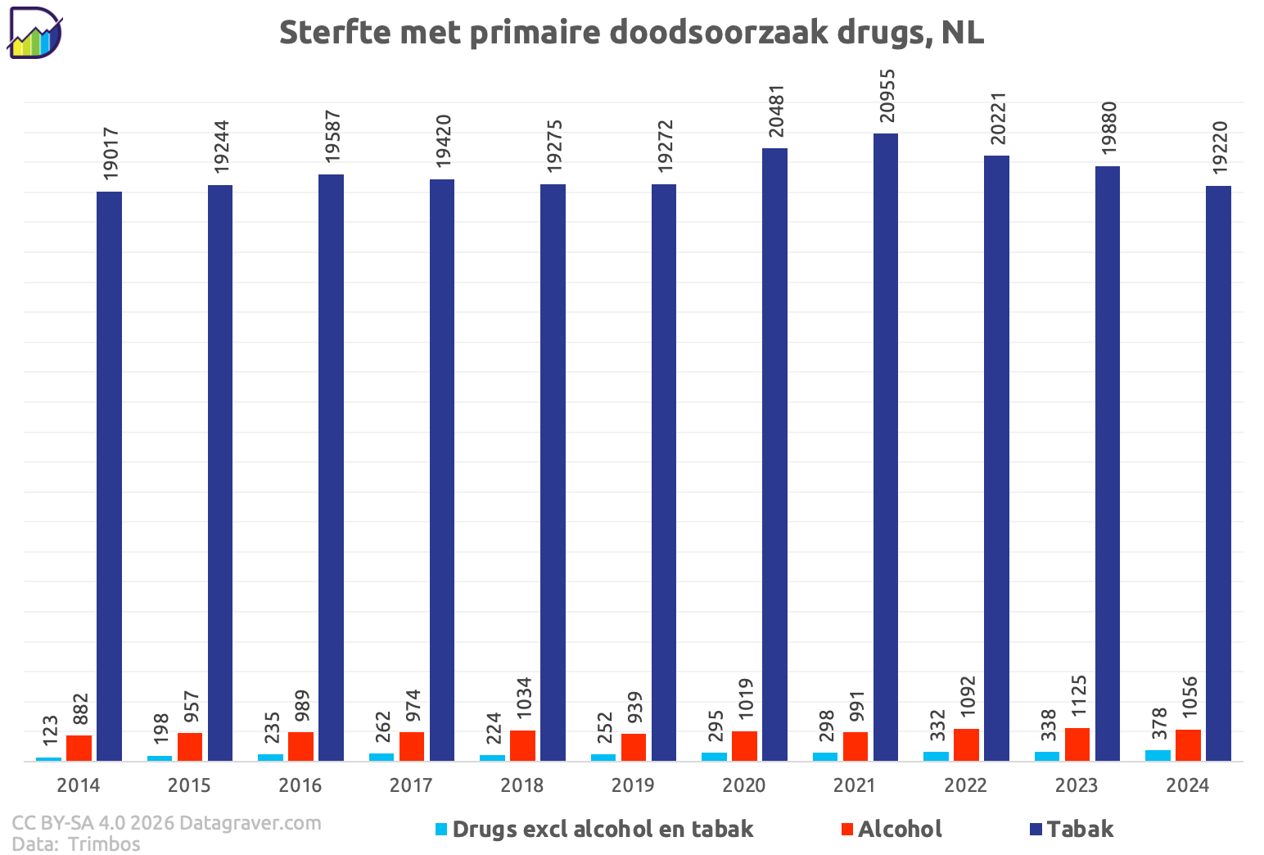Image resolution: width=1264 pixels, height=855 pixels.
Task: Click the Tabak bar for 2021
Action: (x=886, y=446)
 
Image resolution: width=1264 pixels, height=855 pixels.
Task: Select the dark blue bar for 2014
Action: (x=110, y=475)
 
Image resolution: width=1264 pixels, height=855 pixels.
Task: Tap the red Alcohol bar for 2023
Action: (x=1077, y=744)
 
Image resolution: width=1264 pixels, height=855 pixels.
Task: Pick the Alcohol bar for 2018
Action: (x=522, y=745)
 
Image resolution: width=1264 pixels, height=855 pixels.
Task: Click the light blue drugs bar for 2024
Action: (x=1158, y=755)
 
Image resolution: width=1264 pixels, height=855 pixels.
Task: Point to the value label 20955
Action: (x=888, y=96)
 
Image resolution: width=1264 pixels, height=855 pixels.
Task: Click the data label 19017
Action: (x=111, y=154)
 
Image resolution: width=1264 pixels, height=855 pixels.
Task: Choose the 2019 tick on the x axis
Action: (x=633, y=785)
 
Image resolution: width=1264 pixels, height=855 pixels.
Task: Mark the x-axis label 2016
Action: (x=300, y=785)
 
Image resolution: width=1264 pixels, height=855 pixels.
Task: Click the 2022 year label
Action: (x=965, y=785)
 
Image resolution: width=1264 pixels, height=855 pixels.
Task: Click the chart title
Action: (x=631, y=33)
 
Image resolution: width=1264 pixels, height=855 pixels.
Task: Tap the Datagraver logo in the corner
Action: (x=35, y=34)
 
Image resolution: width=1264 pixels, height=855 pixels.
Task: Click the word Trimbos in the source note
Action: (x=104, y=844)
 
